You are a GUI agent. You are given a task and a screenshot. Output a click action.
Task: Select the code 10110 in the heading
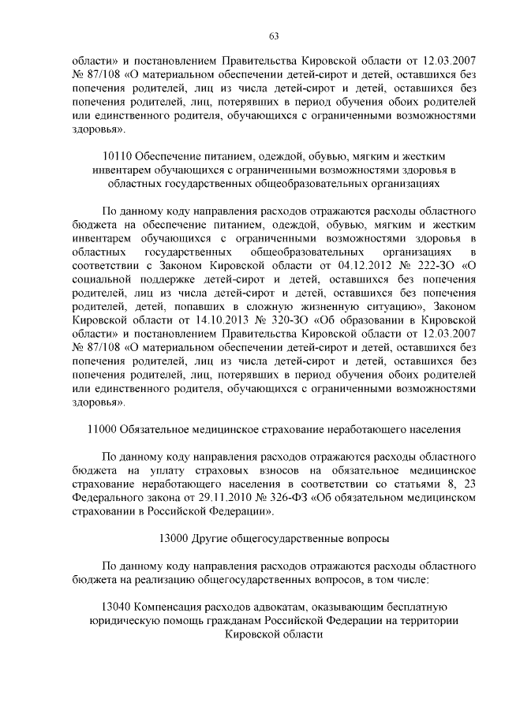coord(118,154)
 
